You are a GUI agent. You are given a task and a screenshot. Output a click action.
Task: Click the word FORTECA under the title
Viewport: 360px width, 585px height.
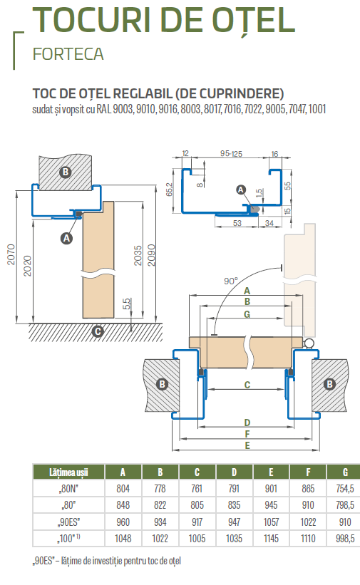click(68, 54)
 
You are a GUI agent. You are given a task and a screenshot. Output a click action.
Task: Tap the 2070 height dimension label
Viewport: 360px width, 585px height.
click(11, 254)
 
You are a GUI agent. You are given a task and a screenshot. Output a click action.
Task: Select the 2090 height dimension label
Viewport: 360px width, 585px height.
click(151, 255)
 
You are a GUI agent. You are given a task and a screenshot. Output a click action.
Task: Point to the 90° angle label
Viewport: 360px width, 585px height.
click(230, 281)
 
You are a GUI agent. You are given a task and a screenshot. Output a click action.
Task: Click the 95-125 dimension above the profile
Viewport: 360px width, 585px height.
click(231, 154)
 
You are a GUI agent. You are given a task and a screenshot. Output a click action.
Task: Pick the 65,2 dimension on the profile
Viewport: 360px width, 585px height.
click(169, 190)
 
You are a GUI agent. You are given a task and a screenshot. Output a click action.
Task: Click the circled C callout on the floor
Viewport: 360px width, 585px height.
click(98, 331)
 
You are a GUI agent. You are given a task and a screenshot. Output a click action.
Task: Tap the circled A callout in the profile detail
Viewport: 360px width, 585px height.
click(241, 190)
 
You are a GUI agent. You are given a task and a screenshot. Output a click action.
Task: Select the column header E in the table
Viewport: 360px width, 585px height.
click(271, 472)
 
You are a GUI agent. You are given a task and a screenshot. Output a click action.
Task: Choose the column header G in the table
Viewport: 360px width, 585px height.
click(345, 472)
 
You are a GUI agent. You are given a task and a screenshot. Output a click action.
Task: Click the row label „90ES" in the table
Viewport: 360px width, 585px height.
click(68, 522)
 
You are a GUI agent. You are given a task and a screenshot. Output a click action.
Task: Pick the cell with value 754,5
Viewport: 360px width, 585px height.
click(345, 489)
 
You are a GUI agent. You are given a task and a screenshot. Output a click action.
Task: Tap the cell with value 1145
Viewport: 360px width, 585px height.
click(271, 539)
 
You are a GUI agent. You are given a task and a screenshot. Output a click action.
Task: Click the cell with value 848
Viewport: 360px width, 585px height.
click(123, 505)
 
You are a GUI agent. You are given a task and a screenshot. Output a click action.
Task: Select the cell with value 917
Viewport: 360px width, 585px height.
click(197, 522)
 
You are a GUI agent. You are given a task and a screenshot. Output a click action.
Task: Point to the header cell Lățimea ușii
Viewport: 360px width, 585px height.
click(68, 472)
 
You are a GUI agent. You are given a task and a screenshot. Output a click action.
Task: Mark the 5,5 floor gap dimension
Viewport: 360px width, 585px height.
click(127, 304)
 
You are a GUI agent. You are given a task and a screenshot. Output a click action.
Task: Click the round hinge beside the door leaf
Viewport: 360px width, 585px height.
click(309, 343)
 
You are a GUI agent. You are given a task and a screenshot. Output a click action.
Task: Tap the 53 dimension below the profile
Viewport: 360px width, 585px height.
click(237, 223)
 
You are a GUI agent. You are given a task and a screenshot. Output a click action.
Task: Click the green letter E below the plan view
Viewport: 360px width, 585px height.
click(247, 445)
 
